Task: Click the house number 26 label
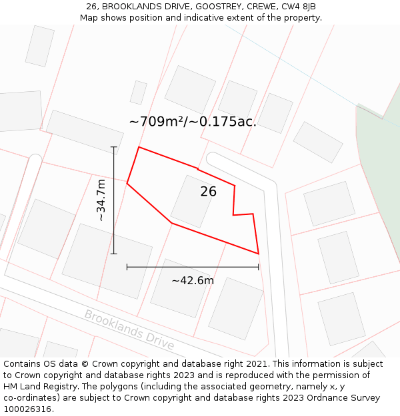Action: (208, 192)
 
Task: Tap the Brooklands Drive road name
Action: (129, 329)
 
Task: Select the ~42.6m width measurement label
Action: (193, 280)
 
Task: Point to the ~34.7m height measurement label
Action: (101, 200)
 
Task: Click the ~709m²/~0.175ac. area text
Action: (193, 121)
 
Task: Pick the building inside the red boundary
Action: (193, 202)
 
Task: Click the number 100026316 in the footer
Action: (27, 409)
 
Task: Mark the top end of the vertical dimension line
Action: (114, 147)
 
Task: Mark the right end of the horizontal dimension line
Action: (259, 267)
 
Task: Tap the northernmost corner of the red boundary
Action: (139, 147)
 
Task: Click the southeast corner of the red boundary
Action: (258, 254)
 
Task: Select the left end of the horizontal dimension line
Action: (127, 267)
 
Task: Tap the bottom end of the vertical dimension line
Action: (114, 254)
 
